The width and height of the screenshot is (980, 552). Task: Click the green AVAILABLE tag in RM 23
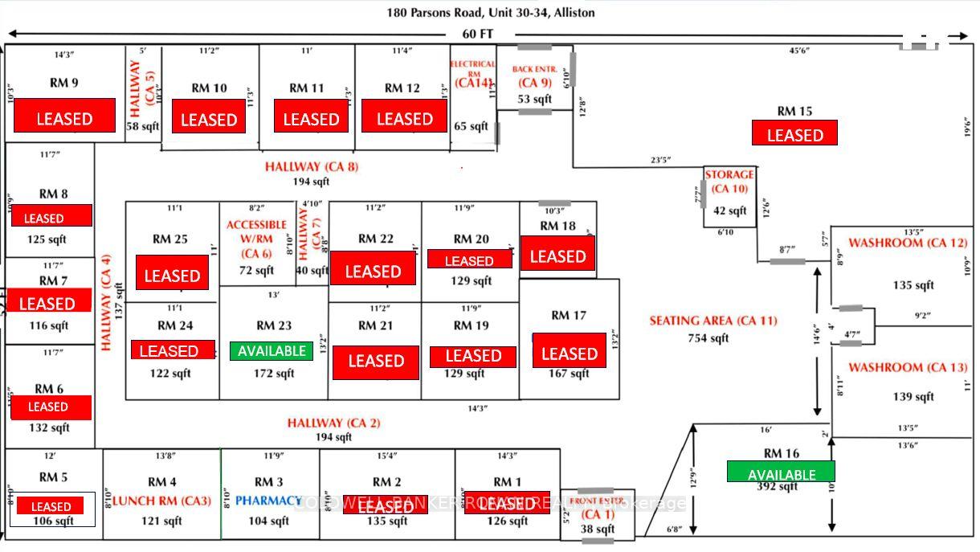(x=272, y=351)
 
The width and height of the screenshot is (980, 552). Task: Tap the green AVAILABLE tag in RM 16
(x=781, y=472)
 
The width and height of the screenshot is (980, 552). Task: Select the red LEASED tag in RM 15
(x=794, y=133)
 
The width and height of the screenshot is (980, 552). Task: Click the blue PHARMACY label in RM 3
(x=268, y=501)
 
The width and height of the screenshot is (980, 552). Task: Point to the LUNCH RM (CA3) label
(x=161, y=501)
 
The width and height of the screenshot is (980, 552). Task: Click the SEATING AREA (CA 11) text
(x=713, y=321)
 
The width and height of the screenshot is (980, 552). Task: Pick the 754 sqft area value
(x=708, y=338)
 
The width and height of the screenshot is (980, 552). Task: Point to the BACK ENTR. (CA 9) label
(x=534, y=76)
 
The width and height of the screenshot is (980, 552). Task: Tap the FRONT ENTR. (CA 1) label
(x=598, y=507)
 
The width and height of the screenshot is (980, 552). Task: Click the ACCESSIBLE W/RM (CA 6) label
(x=256, y=239)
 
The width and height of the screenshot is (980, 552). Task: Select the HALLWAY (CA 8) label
(x=312, y=167)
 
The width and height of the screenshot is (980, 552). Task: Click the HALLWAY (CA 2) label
(x=333, y=423)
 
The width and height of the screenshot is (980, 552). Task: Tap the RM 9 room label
(x=63, y=82)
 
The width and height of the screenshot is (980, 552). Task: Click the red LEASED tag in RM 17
(x=569, y=354)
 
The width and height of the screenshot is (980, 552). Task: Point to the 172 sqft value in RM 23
(x=274, y=374)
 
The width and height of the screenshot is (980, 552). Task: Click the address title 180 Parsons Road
(x=491, y=13)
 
